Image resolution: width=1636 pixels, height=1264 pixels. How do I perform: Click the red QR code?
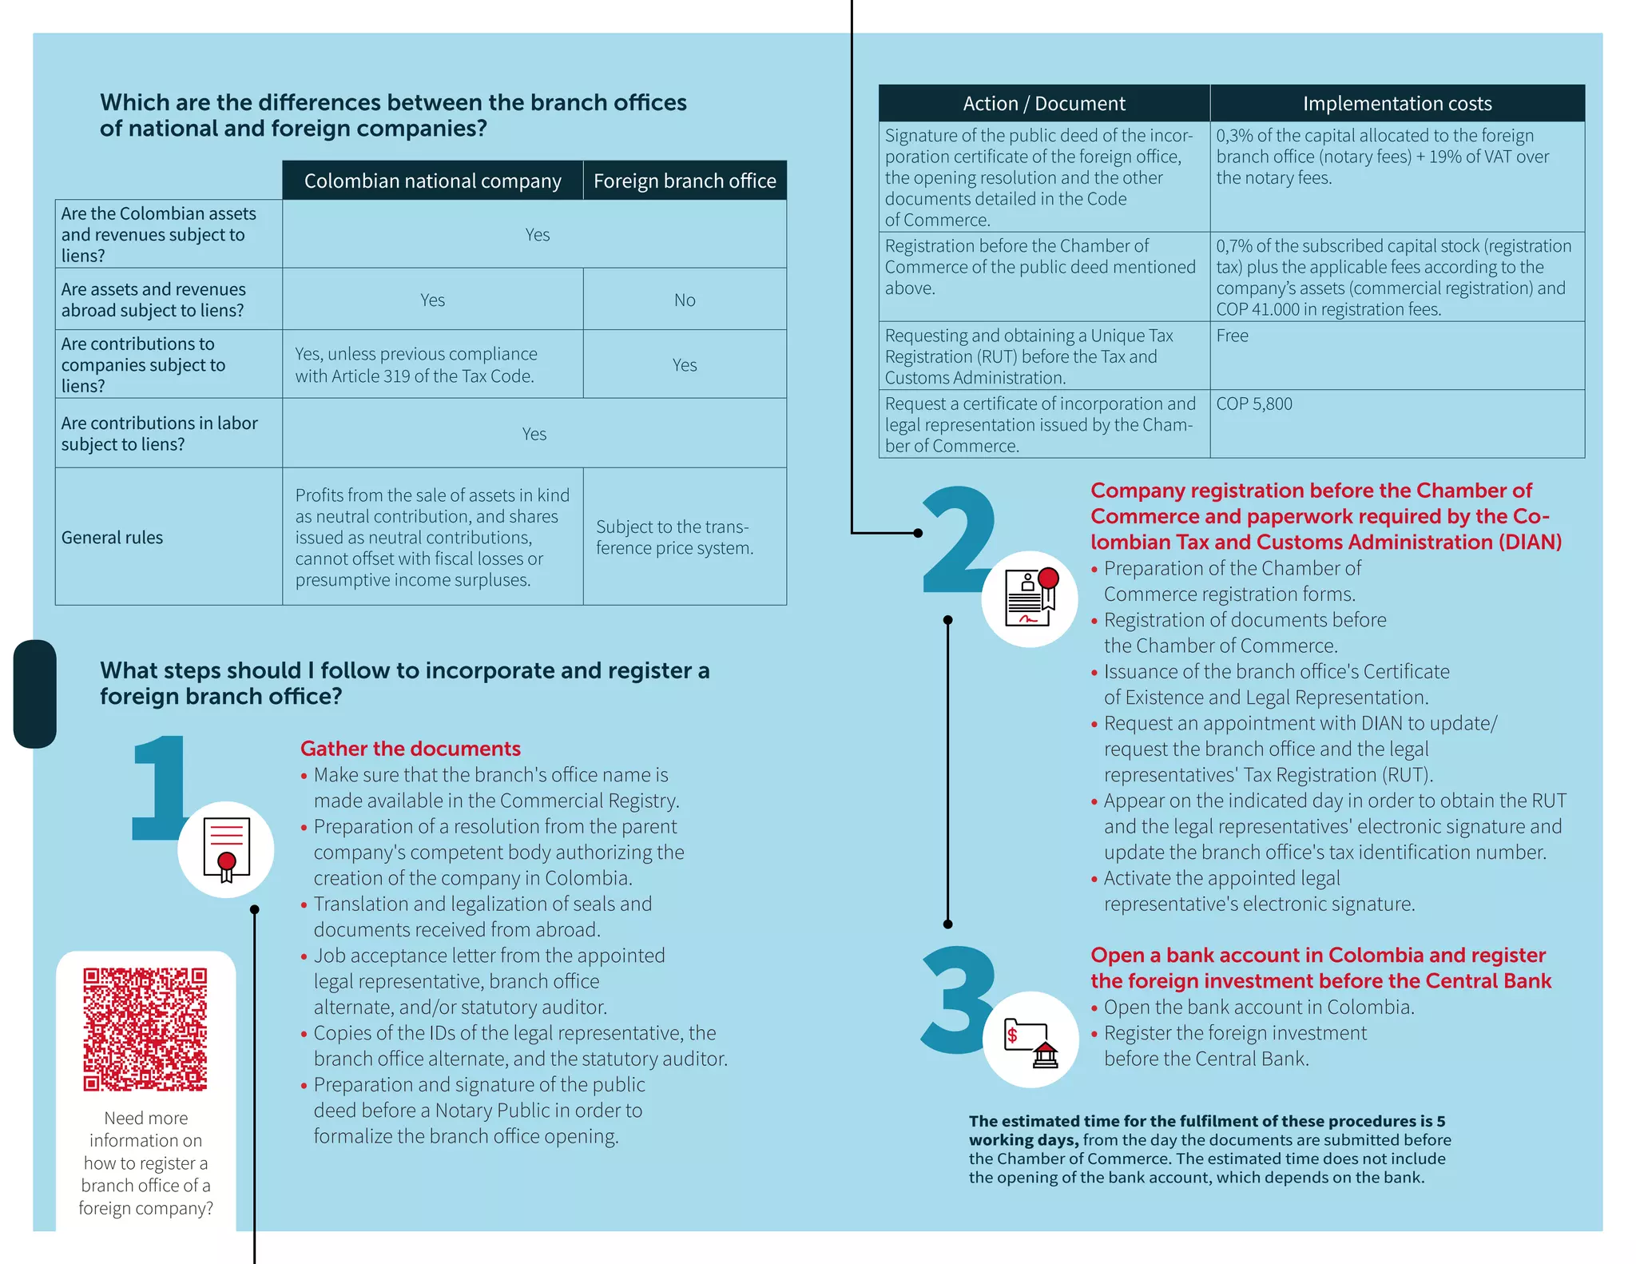[145, 1029]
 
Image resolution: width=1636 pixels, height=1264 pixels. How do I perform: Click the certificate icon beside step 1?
[226, 849]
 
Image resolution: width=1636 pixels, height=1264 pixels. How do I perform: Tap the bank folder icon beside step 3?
[1030, 1041]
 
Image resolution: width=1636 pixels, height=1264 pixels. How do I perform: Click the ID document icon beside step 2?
[1030, 598]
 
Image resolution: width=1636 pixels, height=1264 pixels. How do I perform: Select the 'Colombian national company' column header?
[432, 181]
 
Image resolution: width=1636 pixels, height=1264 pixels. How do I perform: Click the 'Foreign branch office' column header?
[685, 181]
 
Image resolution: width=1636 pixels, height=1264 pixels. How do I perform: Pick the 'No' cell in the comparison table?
[685, 300]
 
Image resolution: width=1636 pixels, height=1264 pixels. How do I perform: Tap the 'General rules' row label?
[113, 538]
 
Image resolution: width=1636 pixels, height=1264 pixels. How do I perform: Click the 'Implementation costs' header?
[1397, 104]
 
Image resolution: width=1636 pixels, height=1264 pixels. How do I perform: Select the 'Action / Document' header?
[1044, 104]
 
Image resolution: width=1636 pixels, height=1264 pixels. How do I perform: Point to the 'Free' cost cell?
[1233, 336]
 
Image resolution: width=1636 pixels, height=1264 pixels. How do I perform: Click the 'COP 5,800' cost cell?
[1254, 404]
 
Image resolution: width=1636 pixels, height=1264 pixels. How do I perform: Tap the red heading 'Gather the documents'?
[411, 749]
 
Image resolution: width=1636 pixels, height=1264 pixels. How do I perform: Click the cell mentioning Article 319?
[416, 365]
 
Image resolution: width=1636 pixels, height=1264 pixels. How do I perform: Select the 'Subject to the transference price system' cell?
[675, 538]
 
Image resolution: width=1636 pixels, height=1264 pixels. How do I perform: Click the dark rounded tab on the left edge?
[35, 694]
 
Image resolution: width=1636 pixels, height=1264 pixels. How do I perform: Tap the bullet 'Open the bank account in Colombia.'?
[1259, 1008]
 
